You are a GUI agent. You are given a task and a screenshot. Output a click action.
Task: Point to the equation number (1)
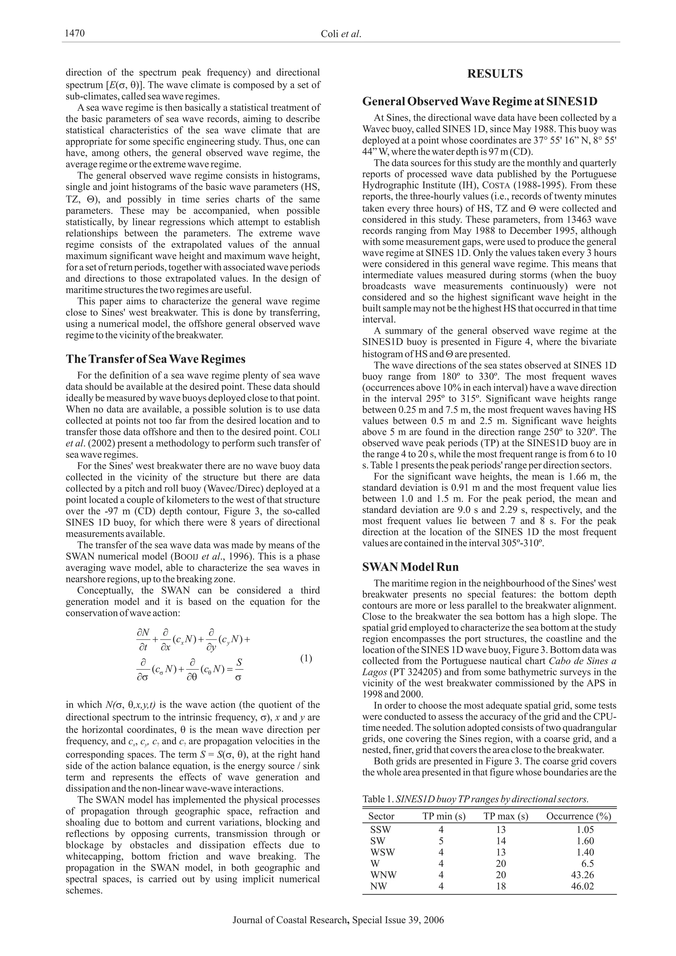306,658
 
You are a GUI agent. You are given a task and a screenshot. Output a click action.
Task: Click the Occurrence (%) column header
579,816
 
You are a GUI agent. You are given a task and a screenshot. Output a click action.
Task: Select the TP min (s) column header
444,816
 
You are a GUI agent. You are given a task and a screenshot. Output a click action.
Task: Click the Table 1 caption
475,799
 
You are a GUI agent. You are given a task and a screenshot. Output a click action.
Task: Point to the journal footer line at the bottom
338,920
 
